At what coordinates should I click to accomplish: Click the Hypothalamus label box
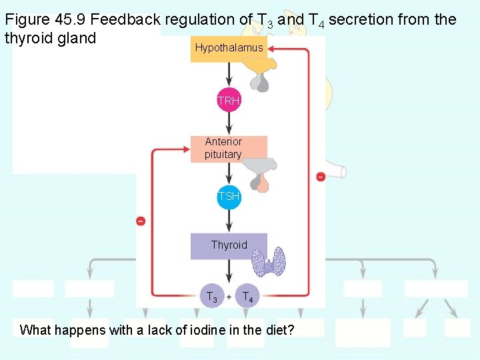(x=229, y=49)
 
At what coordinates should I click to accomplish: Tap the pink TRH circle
(x=229, y=101)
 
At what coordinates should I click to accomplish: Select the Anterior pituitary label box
(x=229, y=149)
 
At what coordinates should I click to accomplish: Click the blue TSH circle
(x=229, y=197)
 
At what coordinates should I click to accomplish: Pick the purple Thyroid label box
(x=229, y=245)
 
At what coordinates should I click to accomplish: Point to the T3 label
(x=211, y=297)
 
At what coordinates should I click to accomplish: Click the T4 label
(x=247, y=297)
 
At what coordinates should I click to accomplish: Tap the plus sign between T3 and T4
(x=229, y=296)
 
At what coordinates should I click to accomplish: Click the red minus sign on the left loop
(x=141, y=221)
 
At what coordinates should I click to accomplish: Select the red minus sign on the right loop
(x=320, y=177)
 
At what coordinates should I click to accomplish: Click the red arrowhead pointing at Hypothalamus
(x=273, y=49)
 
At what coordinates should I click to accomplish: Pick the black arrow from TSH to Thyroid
(x=229, y=221)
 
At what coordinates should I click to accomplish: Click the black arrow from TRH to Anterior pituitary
(x=229, y=125)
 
